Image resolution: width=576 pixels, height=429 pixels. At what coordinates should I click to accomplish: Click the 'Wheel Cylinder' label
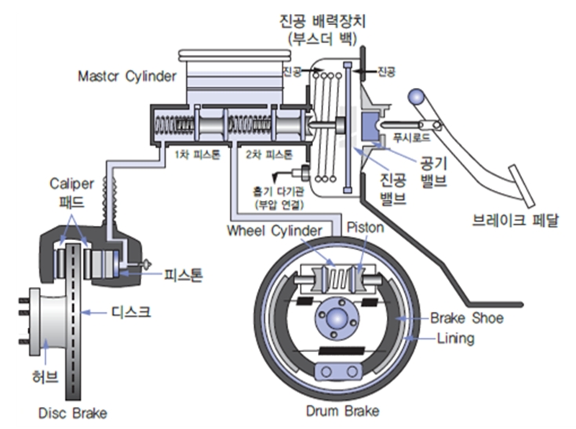click(274, 231)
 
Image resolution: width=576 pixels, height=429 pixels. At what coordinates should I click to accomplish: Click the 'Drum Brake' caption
click(343, 411)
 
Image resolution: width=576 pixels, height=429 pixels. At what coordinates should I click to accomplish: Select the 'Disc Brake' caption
click(73, 413)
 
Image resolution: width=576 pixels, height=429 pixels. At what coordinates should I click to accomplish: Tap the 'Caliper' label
click(72, 184)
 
